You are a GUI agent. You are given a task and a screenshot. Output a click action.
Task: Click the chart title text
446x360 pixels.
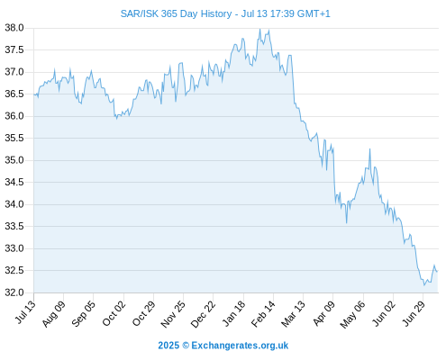(x=225, y=13)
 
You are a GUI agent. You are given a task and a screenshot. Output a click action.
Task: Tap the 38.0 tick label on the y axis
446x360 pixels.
(x=14, y=28)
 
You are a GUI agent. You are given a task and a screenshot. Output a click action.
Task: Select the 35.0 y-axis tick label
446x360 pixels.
(x=14, y=160)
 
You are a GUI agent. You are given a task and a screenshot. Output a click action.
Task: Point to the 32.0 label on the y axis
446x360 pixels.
(x=14, y=292)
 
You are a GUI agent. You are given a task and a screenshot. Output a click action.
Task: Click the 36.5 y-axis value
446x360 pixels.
(x=14, y=94)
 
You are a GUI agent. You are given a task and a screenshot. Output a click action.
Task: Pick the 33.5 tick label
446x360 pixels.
(x=14, y=226)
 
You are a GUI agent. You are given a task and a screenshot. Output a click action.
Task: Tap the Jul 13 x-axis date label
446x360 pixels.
(x=25, y=312)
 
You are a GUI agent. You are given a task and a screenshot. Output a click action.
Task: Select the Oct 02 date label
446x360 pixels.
(x=114, y=313)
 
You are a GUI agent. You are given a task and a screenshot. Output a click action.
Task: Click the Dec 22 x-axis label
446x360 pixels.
(x=203, y=313)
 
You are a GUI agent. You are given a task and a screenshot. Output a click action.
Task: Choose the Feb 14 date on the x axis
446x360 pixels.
(x=263, y=313)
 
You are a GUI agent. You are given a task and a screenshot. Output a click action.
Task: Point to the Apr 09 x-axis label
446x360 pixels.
(x=323, y=313)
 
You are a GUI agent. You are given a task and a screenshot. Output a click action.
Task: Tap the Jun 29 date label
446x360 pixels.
(x=414, y=313)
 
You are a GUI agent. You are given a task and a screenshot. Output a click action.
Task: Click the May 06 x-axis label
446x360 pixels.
(x=352, y=314)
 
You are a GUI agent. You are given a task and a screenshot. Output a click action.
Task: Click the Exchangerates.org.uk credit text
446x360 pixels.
(x=240, y=346)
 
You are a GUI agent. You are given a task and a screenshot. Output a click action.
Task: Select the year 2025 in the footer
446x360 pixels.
(x=168, y=346)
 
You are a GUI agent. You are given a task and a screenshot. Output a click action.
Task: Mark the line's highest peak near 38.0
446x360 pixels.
(x=259, y=29)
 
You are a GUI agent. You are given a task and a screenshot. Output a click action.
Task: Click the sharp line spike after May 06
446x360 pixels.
(x=369, y=148)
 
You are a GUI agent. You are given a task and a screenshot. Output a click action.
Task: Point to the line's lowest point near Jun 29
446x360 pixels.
(x=424, y=285)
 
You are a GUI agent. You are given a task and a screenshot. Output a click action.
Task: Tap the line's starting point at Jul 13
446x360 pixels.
(x=34, y=94)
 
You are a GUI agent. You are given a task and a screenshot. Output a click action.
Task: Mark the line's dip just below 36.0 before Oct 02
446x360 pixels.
(x=116, y=119)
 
